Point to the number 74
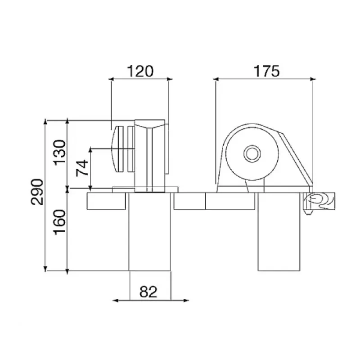click(x=82, y=169)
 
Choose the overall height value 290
click(x=38, y=192)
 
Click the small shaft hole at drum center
click(x=252, y=153)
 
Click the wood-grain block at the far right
click(x=319, y=200)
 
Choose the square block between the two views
click(x=189, y=201)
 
